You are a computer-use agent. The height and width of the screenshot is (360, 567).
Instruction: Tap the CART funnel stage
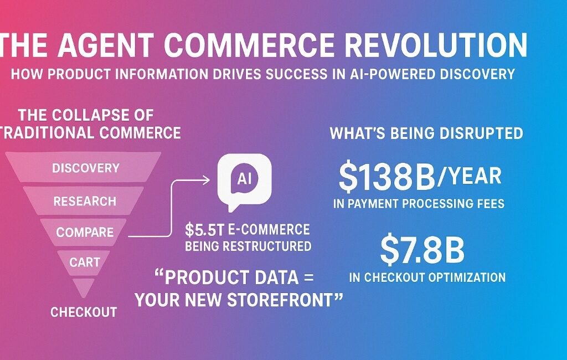coord(84,261)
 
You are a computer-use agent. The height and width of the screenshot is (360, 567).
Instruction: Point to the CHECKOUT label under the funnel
coord(84,312)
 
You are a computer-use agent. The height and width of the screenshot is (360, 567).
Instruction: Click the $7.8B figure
coord(422,250)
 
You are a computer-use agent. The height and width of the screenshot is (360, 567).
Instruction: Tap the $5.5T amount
coord(205,230)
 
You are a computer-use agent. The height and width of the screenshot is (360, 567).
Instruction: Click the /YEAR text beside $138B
coord(470,176)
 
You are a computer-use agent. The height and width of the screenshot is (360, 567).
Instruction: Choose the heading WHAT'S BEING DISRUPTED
coord(426,133)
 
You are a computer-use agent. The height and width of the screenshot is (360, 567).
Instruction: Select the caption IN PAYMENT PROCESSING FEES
coord(419,203)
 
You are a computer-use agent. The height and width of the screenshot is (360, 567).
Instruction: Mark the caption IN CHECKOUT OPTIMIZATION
coord(427,277)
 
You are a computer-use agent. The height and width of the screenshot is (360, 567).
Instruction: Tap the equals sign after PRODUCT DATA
coord(308,278)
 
